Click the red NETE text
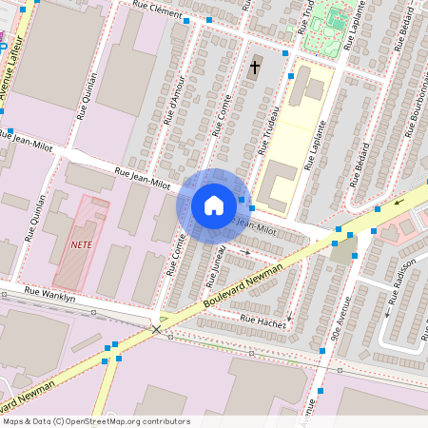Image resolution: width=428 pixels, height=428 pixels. pos(81,243)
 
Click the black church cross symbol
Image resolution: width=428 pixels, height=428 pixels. pos(254,68)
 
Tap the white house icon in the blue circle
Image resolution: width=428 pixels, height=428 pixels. pos(214,204)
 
